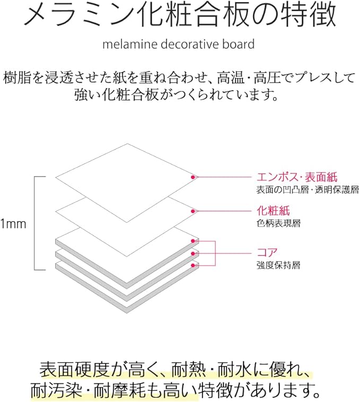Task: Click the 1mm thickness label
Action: pyautogui.click(x=14, y=223)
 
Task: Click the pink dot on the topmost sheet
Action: pyautogui.click(x=193, y=177)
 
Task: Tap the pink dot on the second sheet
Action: pyautogui.click(x=193, y=211)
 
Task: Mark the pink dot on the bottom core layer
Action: pyautogui.click(x=193, y=265)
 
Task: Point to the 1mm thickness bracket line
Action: pyautogui.click(x=36, y=223)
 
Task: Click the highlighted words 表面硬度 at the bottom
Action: pyautogui.click(x=76, y=368)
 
